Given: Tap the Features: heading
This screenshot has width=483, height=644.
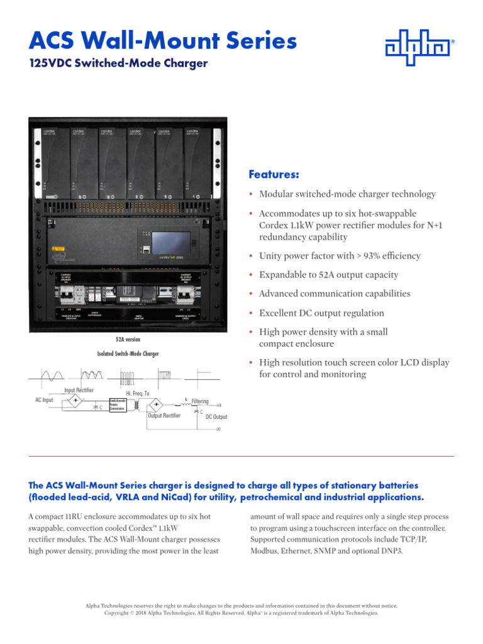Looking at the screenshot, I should (x=274, y=174).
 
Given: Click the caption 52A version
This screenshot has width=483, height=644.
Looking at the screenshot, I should (x=128, y=339).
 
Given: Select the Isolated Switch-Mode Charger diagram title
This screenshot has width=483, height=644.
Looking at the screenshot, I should (x=128, y=354).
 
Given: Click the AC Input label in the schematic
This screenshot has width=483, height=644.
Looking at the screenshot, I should (x=44, y=400).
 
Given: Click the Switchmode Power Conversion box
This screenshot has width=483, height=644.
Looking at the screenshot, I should (x=118, y=404).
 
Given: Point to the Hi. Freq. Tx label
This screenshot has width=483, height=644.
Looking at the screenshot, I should (x=138, y=393).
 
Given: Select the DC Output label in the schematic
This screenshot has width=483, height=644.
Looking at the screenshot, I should (x=216, y=417).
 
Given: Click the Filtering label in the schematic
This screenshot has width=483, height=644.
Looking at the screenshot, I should (x=200, y=401).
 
